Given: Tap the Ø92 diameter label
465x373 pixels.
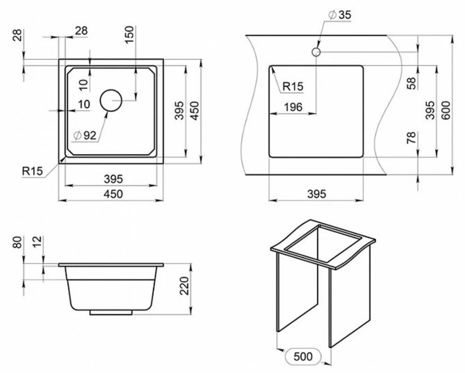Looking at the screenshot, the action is pos(85,136).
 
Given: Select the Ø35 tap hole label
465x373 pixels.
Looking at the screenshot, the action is pos(340,14).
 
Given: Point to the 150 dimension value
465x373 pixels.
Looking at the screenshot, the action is pos(130,35).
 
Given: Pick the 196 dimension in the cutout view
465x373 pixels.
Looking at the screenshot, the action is pos(293,107).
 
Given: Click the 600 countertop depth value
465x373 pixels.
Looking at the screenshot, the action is pos(446,110).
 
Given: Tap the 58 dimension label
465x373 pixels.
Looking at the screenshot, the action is pos(412,83).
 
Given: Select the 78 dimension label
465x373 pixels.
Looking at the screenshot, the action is pos(412,138).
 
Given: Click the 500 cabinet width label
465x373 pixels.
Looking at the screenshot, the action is pos(303,356).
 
